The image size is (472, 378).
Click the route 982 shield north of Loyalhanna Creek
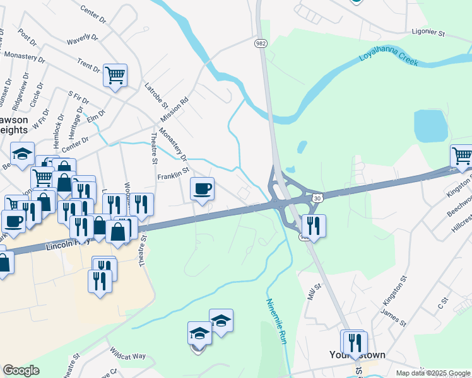261,43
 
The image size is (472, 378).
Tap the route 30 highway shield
317,198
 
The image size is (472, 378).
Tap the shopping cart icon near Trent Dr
115,76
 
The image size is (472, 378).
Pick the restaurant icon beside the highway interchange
313,225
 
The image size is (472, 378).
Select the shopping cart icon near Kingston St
462,156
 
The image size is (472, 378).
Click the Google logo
21,370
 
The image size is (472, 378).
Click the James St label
394,316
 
